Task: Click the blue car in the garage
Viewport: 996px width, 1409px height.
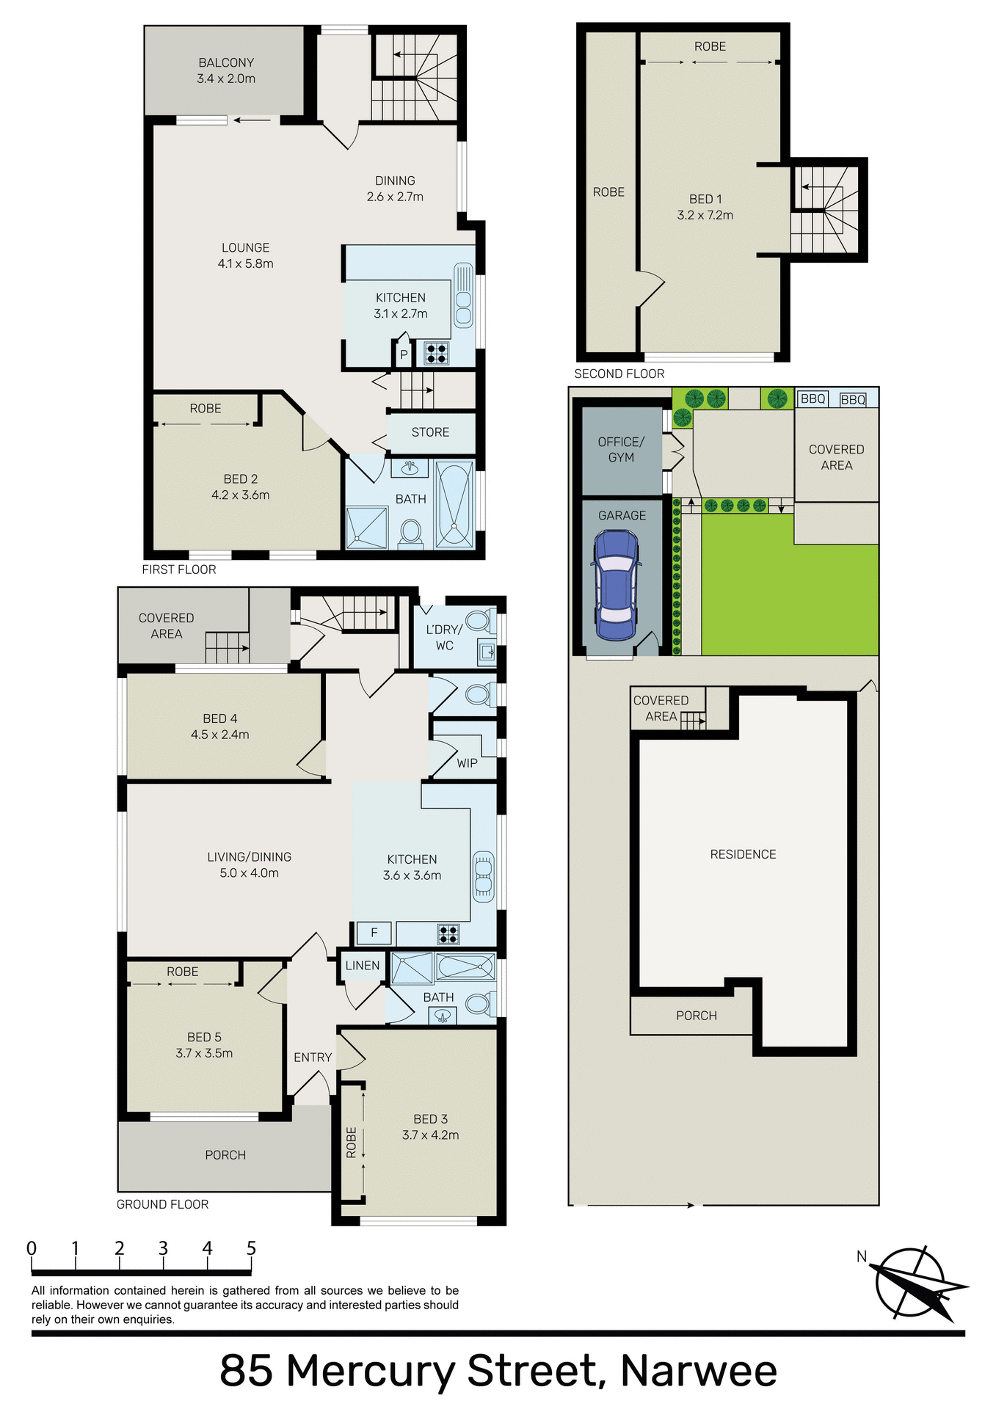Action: pos(616,585)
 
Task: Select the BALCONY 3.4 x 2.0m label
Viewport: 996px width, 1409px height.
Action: pos(226,71)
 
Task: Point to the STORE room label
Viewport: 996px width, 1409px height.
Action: pos(430,432)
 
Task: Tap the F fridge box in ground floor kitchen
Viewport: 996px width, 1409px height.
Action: pos(374,933)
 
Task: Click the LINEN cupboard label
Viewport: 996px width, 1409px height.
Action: pos(363,966)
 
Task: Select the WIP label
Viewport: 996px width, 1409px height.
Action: pos(467,763)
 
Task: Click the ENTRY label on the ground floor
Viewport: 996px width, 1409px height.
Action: pos(313,1057)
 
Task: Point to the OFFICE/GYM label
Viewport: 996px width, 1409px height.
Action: pos(621,450)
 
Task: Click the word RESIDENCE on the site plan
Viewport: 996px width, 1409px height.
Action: pos(743,854)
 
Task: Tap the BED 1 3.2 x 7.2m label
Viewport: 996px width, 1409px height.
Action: pos(705,207)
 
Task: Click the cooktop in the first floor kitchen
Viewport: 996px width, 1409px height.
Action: pos(437,354)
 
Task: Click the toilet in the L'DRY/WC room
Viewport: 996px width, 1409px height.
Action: pos(479,621)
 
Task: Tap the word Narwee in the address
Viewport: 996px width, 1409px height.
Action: pos(698,1370)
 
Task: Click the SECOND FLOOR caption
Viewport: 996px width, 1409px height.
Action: pos(619,374)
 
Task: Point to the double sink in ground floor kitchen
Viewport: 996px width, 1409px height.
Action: pos(483,876)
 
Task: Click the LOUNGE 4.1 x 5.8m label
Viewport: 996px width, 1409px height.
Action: pos(245,255)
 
